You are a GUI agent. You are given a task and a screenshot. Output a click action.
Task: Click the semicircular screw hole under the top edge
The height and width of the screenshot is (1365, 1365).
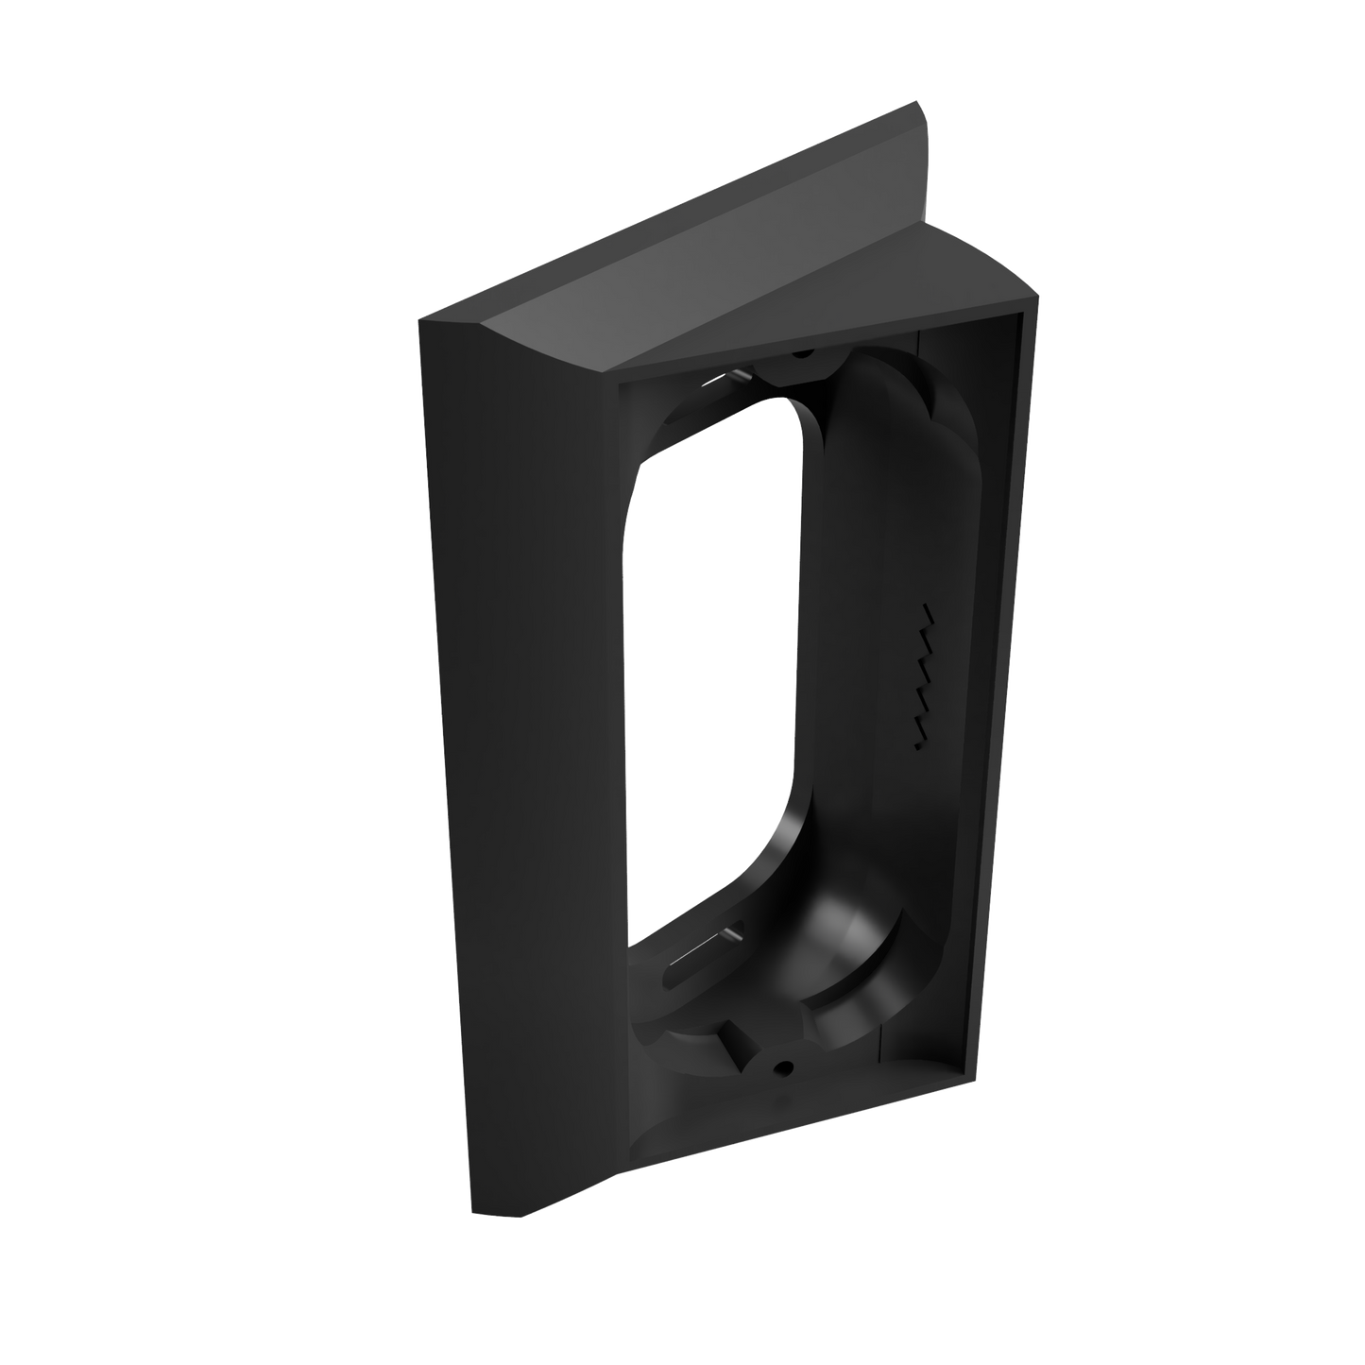(802, 354)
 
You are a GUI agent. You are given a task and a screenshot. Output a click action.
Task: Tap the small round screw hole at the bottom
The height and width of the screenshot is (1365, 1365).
(782, 1066)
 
